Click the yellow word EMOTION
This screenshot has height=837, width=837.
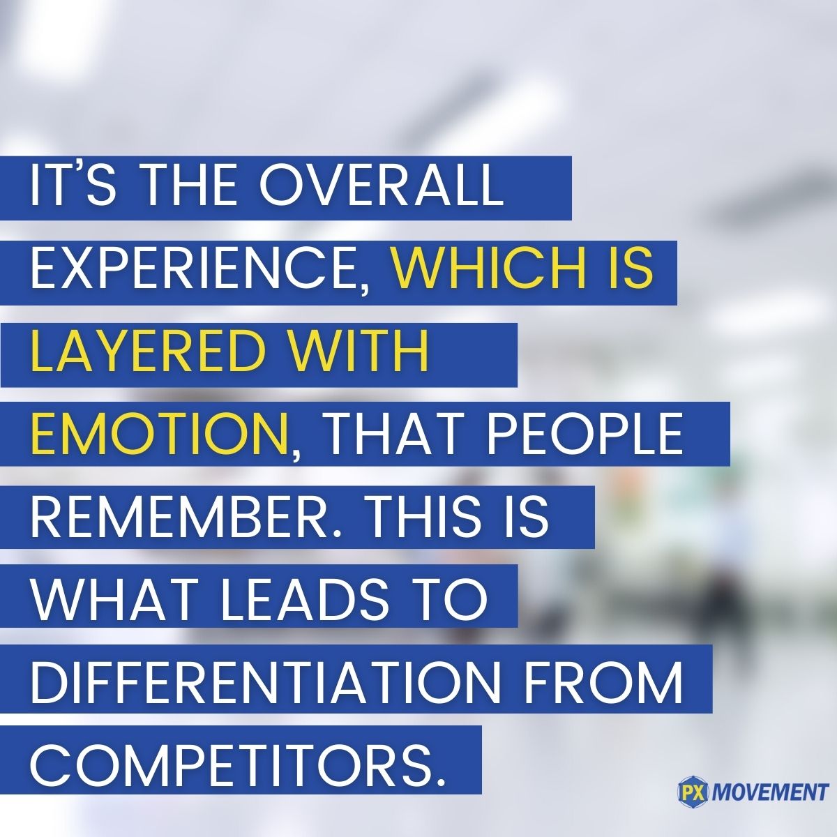159,432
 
